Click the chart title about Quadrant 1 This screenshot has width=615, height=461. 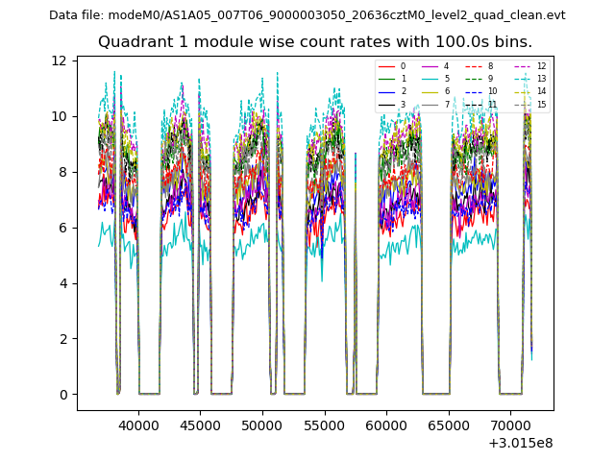(x=314, y=42)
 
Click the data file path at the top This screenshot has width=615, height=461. (x=307, y=15)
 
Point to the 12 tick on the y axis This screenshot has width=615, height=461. (x=59, y=61)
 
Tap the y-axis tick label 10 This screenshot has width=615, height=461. (x=59, y=116)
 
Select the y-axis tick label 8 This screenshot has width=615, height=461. (x=62, y=172)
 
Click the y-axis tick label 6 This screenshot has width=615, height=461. (x=62, y=228)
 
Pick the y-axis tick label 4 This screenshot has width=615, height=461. (x=62, y=283)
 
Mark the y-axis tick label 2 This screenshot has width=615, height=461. (x=62, y=339)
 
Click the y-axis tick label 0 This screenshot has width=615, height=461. (x=62, y=395)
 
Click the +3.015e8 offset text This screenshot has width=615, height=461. (x=520, y=443)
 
